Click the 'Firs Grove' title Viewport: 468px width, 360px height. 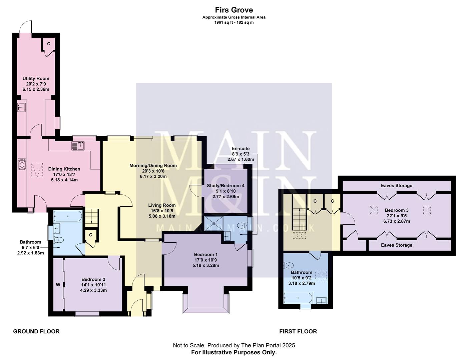[234, 10]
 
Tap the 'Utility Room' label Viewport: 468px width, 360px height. [36, 79]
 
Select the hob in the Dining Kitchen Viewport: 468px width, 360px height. [22, 164]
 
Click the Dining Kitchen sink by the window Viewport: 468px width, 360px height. [78, 146]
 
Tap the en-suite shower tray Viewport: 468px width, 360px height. [213, 222]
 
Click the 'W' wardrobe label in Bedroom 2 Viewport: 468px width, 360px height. [58, 285]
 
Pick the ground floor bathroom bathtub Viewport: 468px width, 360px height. [68, 216]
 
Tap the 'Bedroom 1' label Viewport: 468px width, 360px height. [206, 255]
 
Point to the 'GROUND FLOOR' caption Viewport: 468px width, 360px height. [36, 331]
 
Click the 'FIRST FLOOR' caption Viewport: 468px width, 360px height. [298, 331]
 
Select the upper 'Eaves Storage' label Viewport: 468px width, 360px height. [396, 186]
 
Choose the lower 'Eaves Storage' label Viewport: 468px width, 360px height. [396, 245]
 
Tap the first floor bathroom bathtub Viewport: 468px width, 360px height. [298, 298]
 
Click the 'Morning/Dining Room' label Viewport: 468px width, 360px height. [153, 165]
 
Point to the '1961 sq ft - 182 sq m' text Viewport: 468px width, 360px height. [234, 22]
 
